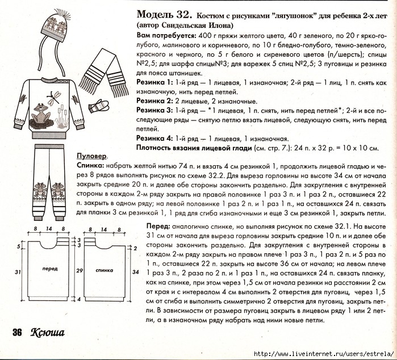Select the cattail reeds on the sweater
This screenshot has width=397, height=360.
click(x=63, y=119)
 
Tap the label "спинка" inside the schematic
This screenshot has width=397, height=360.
click(x=105, y=270)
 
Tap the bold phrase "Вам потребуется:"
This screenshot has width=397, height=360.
click(x=164, y=36)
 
